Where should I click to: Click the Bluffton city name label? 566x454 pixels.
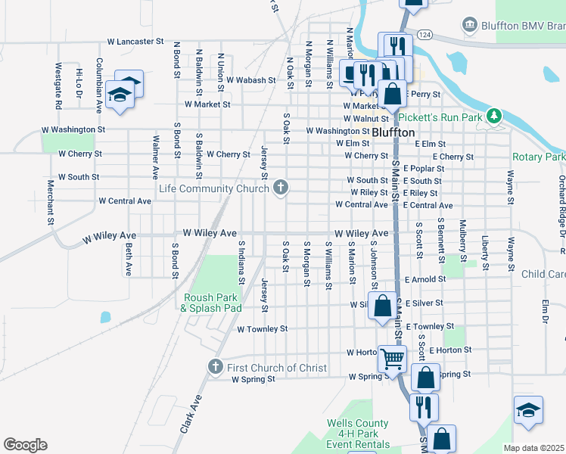[x=393, y=132]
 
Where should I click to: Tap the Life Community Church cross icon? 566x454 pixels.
[x=281, y=186]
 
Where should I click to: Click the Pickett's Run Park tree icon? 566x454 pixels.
[x=494, y=116]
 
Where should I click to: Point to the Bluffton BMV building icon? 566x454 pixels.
[x=470, y=26]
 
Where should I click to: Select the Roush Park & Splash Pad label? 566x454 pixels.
[x=211, y=303]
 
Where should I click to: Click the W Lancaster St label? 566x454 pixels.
[x=135, y=41]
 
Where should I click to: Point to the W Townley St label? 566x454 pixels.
[x=262, y=329]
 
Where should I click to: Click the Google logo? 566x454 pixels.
[x=25, y=445]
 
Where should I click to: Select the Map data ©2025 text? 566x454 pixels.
[x=534, y=448]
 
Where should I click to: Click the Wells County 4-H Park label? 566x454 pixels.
[x=359, y=434]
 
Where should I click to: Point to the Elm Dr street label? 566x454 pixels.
[x=545, y=314]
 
